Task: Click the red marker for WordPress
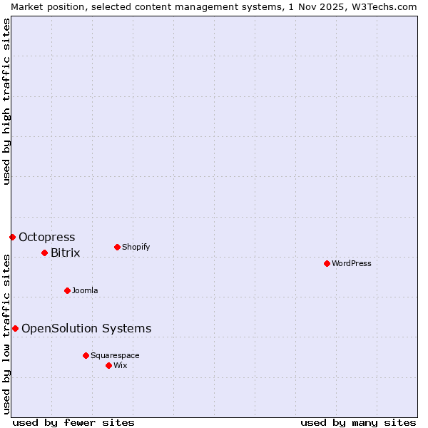point(327,263)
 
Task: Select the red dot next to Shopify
point(117,247)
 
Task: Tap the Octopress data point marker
point(12,237)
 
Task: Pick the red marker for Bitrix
point(44,253)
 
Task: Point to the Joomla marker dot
point(67,290)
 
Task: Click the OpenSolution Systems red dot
point(15,328)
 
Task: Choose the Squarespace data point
point(86,355)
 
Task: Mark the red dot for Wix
point(108,365)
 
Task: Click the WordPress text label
point(352,263)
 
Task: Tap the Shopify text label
point(136,247)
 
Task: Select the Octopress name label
point(47,237)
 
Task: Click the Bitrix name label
point(66,253)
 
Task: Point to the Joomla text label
point(85,290)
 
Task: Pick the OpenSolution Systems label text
point(86,328)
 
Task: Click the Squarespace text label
point(115,355)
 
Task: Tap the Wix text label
point(121,365)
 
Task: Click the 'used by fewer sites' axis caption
point(73,422)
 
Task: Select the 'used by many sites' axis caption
point(358,422)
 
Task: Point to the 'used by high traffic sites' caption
point(6,101)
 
